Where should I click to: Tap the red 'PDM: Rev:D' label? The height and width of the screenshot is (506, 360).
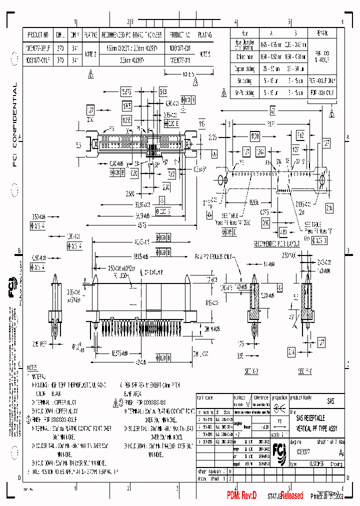click(x=241, y=495)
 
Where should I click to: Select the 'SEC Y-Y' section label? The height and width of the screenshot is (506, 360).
click(x=305, y=371)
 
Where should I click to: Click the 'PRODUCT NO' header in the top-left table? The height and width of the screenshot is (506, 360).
click(x=38, y=35)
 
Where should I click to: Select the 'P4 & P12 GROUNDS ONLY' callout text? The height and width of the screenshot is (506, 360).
click(x=213, y=256)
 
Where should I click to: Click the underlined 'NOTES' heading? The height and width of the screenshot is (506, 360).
click(x=33, y=367)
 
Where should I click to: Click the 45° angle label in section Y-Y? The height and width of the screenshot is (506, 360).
click(x=291, y=317)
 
